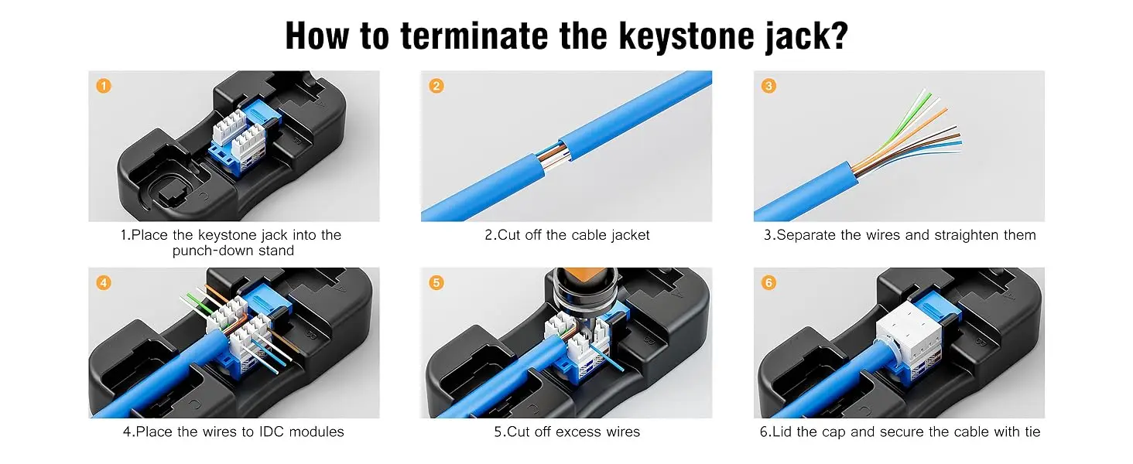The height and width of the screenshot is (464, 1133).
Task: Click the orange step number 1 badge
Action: point(104,86)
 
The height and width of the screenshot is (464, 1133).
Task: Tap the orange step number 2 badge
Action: point(436,86)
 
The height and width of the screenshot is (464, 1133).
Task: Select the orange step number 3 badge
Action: point(768,86)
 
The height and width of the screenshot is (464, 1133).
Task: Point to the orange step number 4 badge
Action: point(104,282)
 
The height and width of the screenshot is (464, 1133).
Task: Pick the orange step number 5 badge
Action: point(436,282)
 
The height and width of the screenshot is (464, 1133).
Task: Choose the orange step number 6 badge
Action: point(768,282)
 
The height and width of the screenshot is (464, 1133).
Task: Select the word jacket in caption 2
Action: point(630,235)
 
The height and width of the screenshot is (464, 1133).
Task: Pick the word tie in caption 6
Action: point(1030,432)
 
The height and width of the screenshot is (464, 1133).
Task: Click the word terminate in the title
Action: point(474,36)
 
